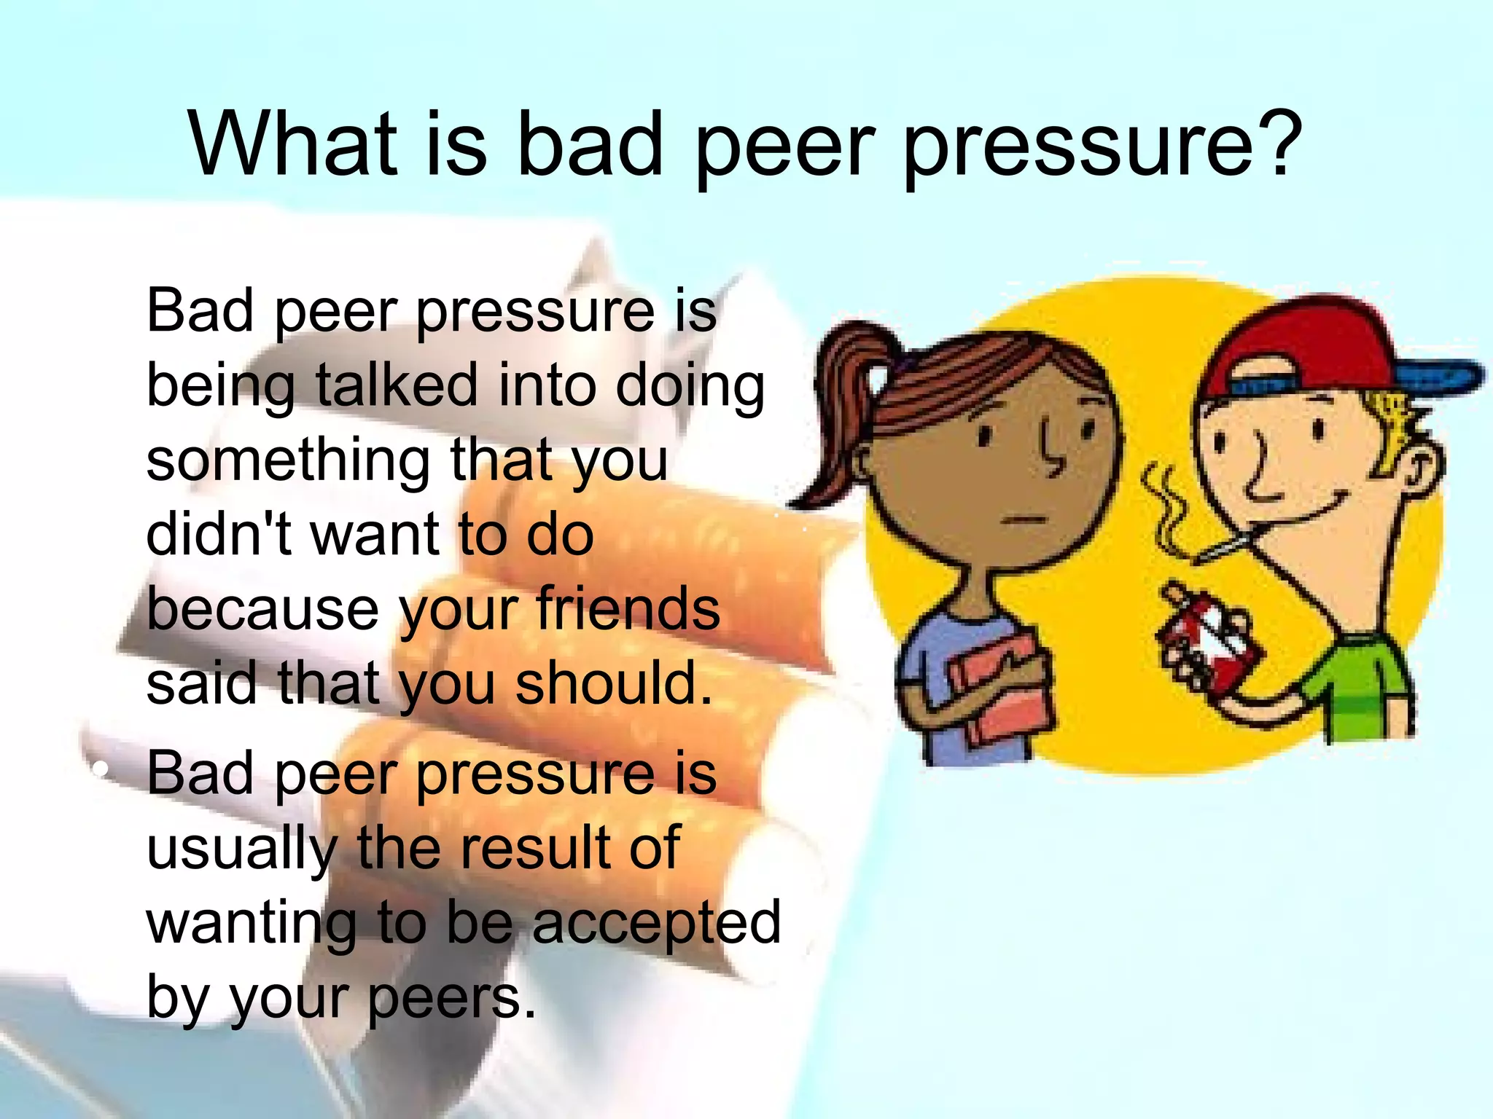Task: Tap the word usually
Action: (241, 849)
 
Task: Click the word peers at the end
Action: (451, 997)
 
